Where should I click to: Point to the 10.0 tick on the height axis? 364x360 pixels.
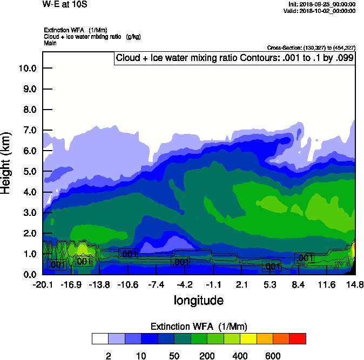point(27,69)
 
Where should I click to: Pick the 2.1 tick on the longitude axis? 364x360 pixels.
point(241,284)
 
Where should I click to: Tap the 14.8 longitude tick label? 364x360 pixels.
point(355,284)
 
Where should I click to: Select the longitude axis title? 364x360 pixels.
point(198,300)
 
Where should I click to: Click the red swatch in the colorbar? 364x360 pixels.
point(298,338)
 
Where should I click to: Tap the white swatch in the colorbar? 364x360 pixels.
point(100,338)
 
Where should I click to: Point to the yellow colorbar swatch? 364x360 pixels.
point(248,338)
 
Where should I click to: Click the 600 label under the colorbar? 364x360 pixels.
point(273,356)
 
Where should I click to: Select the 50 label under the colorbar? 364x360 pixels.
point(174,356)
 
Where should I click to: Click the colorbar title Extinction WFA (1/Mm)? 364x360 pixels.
point(198,326)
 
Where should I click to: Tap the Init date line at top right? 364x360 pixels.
point(322,4)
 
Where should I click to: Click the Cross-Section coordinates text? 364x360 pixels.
point(312,48)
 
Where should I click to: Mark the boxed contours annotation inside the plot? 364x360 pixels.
point(234,58)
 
